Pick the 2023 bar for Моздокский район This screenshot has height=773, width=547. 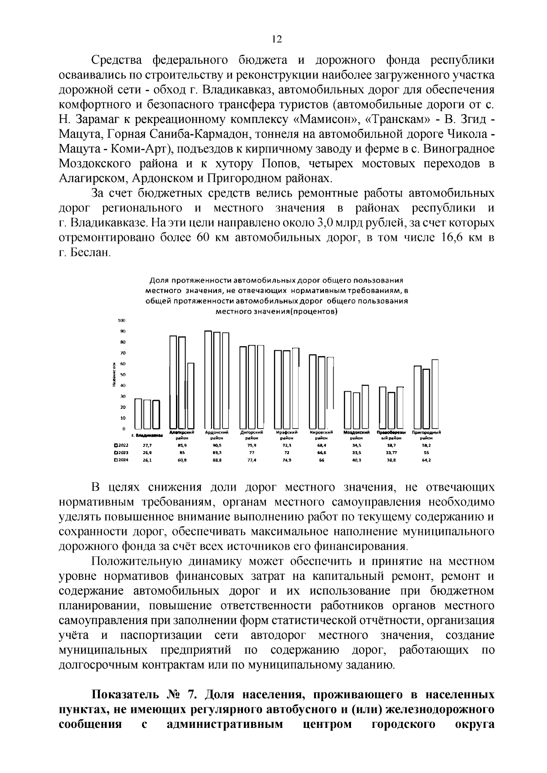tap(356, 410)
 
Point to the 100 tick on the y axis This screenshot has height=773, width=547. tap(122, 321)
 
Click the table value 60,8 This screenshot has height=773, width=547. tap(182, 461)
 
